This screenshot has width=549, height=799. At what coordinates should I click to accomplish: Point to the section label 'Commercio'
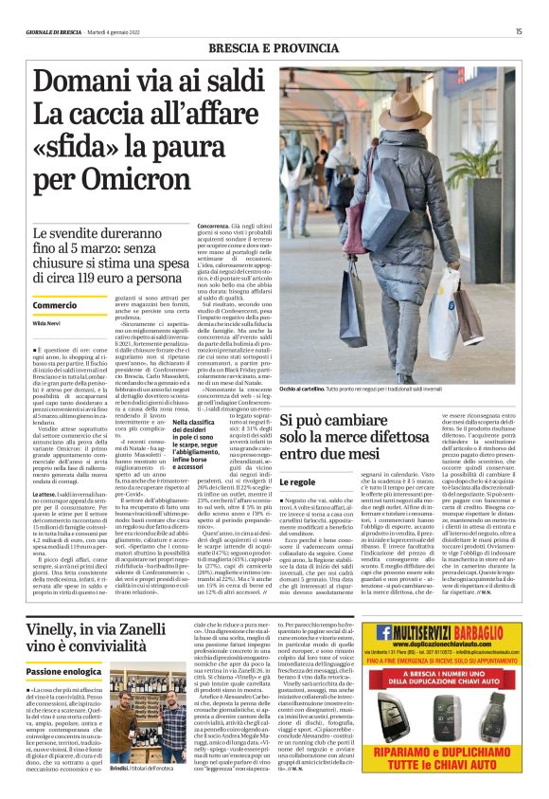pos(55,305)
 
